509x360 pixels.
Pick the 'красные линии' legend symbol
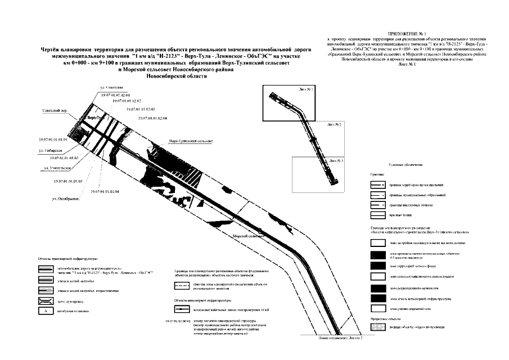click(x=377, y=215)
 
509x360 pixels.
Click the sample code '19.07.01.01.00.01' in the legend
click(x=179, y=321)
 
